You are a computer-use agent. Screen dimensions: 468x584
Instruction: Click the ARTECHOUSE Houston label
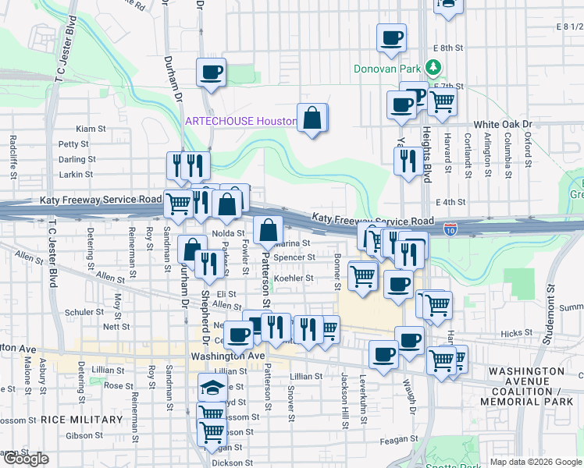tap(240, 122)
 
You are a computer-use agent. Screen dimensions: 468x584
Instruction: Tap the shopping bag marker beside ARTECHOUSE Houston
tap(312, 119)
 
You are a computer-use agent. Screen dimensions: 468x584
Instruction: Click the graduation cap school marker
tap(212, 388)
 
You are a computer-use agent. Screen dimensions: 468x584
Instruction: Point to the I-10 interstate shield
tap(450, 229)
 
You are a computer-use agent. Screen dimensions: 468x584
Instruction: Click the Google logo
tap(25, 459)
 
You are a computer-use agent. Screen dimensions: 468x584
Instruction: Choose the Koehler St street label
tap(293, 278)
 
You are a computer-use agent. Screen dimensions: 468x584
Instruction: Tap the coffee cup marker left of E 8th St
tap(391, 37)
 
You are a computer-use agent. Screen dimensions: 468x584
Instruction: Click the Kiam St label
tap(91, 128)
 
